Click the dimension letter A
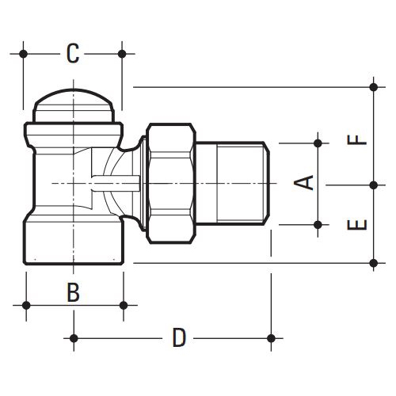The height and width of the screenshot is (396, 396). (x=304, y=183)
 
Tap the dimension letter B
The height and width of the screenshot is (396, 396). (x=73, y=292)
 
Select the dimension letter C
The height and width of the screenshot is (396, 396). (x=73, y=54)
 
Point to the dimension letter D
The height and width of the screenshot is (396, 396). (x=180, y=338)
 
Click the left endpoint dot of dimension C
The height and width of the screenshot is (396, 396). (x=25, y=54)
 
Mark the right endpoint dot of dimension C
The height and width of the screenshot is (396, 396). (x=122, y=54)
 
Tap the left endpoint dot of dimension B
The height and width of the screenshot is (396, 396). (x=26, y=305)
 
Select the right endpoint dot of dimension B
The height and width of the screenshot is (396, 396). (x=122, y=305)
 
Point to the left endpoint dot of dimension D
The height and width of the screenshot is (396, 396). (x=74, y=338)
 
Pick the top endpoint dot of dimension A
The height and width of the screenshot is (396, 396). (x=318, y=143)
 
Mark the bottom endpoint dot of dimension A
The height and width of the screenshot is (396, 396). (x=318, y=224)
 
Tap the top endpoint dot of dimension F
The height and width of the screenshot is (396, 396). (x=374, y=86)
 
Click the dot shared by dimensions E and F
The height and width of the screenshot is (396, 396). (x=374, y=184)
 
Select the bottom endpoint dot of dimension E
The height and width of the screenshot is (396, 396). (x=374, y=261)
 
